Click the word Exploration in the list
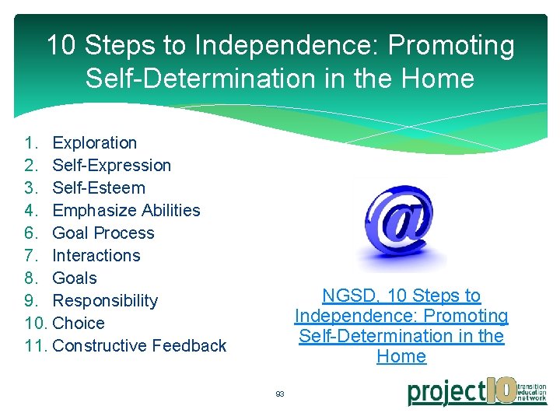94,143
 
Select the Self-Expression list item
111,166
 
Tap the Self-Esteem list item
99,188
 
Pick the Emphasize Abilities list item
126,211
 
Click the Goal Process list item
103,233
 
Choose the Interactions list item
96,256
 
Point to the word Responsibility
105,301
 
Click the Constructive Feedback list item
139,346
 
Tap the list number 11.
35,346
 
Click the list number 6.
30,233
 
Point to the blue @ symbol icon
401,226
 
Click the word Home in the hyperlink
401,357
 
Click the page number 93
280,394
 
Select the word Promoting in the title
451,46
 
